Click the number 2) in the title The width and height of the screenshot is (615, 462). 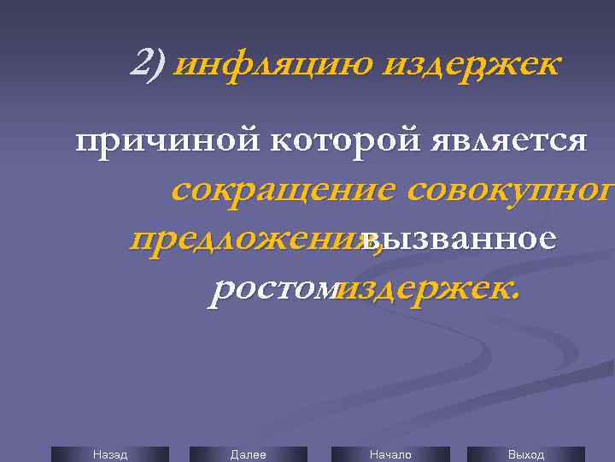pyautogui.click(x=149, y=62)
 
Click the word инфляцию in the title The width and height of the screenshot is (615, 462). pyautogui.click(x=272, y=63)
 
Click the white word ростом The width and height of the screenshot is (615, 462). pyautogui.click(x=274, y=289)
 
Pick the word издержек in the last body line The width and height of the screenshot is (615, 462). pyautogui.click(x=426, y=289)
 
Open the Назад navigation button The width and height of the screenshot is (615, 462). pyautogui.click(x=110, y=454)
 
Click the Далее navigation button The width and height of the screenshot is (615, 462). pyautogui.click(x=249, y=454)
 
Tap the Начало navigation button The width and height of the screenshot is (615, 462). pyautogui.click(x=389, y=454)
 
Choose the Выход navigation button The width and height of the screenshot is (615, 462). pyautogui.click(x=525, y=454)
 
